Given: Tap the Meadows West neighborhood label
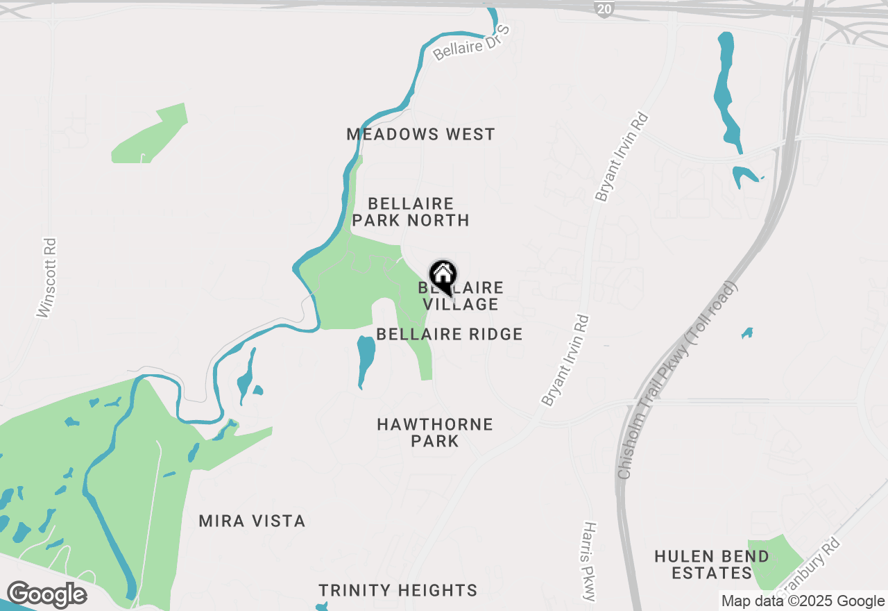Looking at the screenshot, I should (x=420, y=134).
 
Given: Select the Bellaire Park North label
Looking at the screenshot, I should (x=411, y=212).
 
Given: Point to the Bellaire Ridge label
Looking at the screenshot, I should (x=449, y=334).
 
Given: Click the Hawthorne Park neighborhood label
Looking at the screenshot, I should (x=435, y=432).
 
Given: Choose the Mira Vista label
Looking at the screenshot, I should (x=252, y=521).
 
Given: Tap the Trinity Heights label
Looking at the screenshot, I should (x=398, y=590).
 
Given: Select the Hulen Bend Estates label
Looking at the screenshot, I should (x=712, y=564).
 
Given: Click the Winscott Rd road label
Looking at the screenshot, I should (x=47, y=278).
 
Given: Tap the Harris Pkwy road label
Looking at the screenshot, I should (x=589, y=562).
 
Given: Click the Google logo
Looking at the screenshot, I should (x=46, y=594).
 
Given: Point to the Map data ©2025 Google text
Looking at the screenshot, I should (x=803, y=601).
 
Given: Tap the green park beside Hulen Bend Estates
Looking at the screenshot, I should (x=774, y=561).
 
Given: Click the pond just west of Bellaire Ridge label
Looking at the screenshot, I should (x=365, y=359).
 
